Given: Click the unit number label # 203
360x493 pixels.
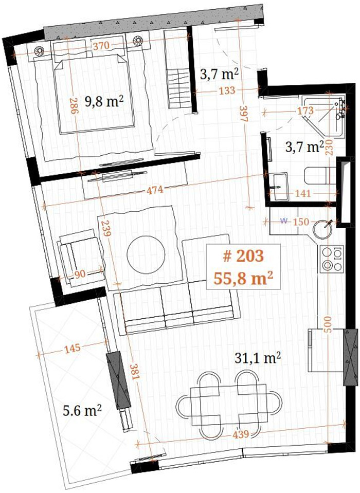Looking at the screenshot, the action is point(243,256).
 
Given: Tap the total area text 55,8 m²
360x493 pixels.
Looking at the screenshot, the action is point(243,278).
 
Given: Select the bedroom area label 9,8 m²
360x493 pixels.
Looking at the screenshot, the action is point(103,102).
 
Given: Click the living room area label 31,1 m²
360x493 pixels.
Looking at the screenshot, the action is point(258,358).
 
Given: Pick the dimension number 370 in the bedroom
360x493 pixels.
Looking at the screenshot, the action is point(101,46).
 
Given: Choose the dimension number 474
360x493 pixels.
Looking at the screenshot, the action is point(155,190).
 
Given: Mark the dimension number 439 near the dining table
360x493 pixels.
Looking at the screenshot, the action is point(241,434).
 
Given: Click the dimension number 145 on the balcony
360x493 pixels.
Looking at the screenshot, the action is point(73,348).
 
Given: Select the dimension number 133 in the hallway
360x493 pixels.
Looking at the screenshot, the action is point(227,90).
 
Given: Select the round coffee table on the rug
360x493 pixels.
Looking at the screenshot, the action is point(146,254).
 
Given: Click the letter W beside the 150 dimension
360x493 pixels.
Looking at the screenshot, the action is point(284,221).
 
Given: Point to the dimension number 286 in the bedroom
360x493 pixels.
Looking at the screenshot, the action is point(73,105).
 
